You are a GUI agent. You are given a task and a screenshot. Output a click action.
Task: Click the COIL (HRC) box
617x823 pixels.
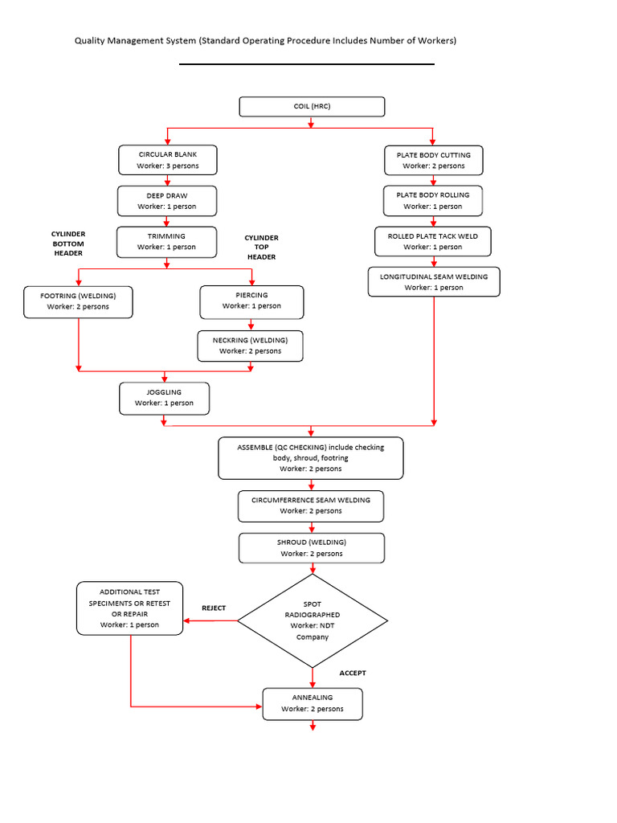pyautogui.click(x=312, y=107)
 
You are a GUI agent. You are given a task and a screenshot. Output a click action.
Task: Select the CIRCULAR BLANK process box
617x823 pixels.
pyautogui.click(x=168, y=160)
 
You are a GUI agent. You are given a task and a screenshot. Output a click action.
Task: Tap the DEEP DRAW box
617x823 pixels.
pyautogui.click(x=167, y=201)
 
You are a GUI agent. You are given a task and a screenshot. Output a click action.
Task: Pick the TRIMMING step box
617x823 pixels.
pyautogui.click(x=167, y=242)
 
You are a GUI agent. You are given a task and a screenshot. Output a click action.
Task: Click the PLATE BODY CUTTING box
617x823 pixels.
pyautogui.click(x=433, y=160)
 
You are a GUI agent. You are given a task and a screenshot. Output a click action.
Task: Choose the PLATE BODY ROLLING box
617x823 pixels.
pyautogui.click(x=433, y=200)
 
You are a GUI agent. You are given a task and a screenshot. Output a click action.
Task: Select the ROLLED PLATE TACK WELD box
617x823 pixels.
pyautogui.click(x=433, y=241)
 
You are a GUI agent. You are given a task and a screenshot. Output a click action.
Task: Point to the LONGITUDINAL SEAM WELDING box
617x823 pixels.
pyautogui.click(x=434, y=282)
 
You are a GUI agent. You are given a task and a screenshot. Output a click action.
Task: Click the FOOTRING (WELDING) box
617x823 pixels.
pyautogui.click(x=78, y=301)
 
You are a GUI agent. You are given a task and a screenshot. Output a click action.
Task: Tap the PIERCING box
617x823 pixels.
pyautogui.click(x=252, y=301)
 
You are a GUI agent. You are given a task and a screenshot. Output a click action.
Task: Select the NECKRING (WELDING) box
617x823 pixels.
pyautogui.click(x=251, y=346)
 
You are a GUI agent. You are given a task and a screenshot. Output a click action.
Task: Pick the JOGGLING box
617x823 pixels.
pyautogui.click(x=165, y=398)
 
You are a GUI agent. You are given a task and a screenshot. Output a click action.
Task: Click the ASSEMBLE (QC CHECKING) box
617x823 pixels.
pyautogui.click(x=311, y=458)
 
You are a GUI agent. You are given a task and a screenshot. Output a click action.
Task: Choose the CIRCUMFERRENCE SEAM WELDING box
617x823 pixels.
pyautogui.click(x=311, y=506)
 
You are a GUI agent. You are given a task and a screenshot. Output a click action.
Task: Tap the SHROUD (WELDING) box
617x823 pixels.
pyautogui.click(x=311, y=548)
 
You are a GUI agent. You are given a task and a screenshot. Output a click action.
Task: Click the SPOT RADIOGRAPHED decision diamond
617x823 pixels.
pyautogui.click(x=311, y=620)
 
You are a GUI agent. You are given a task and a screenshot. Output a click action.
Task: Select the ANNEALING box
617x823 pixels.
pyautogui.click(x=313, y=703)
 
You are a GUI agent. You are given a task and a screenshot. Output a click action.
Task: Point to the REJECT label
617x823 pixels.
pyautogui.click(x=214, y=608)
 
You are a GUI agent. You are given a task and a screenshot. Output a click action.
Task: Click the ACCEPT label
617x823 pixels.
pyautogui.click(x=352, y=673)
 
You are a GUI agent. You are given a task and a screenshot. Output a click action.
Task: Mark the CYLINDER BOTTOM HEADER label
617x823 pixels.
pyautogui.click(x=68, y=244)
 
